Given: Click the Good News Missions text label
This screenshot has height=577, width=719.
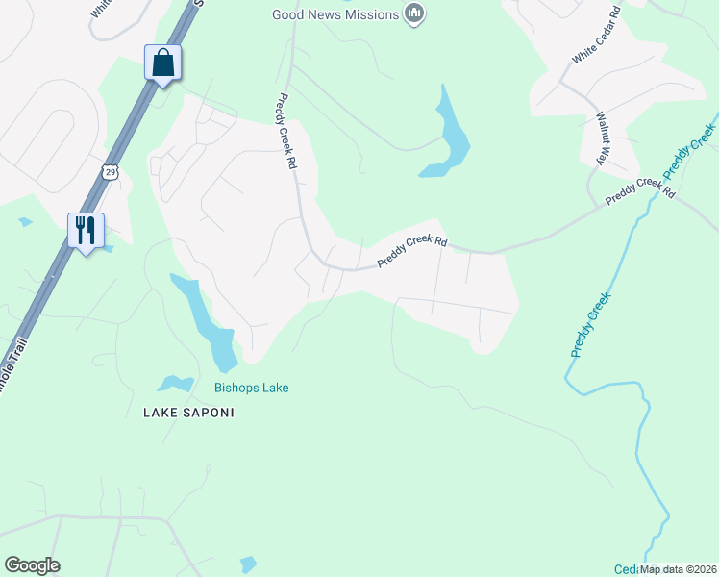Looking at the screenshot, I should (x=335, y=14).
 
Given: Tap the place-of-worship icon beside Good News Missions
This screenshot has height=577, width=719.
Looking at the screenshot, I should (x=415, y=13).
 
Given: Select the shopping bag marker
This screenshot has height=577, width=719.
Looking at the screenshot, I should (x=162, y=63).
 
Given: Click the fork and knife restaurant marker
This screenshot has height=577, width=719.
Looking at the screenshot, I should (x=86, y=231).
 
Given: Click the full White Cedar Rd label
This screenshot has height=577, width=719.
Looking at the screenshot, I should (x=596, y=39).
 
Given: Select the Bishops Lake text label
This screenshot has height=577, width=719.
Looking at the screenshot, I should (x=251, y=388).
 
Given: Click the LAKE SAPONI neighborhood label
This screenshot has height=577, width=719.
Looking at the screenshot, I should (x=188, y=412).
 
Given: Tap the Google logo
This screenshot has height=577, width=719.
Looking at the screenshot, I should (x=32, y=565).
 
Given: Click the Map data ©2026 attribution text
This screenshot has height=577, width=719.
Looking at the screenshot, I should (x=679, y=569).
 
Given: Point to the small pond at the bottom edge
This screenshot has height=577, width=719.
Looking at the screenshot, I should (x=248, y=564).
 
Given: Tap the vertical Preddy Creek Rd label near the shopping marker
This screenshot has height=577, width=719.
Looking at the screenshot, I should (x=285, y=131).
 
